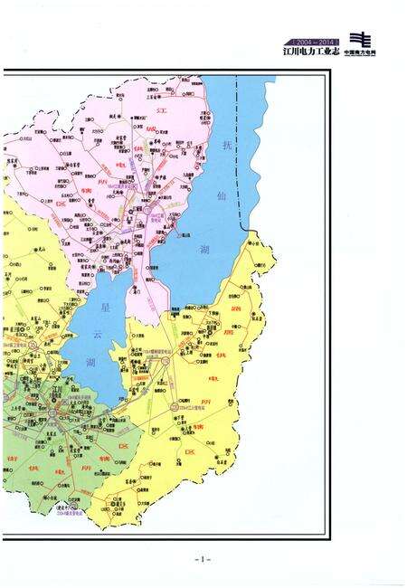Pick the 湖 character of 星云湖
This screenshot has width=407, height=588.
[90, 363]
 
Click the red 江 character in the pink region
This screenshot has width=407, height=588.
[163, 109]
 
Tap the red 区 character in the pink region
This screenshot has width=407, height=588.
[62, 204]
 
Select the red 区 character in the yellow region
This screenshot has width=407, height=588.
[190, 450]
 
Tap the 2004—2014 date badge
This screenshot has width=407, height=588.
[310, 42]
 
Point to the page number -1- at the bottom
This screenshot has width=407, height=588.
[203, 559]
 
